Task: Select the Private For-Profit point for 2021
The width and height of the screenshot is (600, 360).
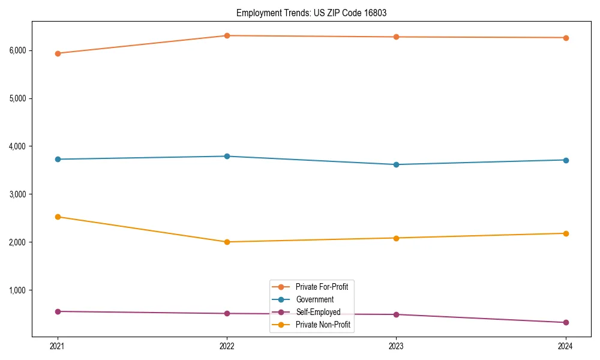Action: pos(58,53)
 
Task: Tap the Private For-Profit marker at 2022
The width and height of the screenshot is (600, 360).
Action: pos(227,35)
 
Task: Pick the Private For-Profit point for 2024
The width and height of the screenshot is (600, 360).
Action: pos(565,38)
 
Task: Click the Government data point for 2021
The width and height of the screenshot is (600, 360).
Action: pos(58,159)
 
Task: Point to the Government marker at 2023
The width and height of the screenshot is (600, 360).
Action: pos(396,164)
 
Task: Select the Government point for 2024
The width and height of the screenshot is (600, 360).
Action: pos(565,160)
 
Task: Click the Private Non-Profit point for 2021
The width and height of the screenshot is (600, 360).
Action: pos(58,217)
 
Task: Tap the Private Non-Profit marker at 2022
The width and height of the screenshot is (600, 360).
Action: pos(227,242)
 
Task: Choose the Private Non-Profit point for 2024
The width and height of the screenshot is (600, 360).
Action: pos(565,233)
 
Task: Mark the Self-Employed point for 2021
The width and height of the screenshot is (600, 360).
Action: pos(58,311)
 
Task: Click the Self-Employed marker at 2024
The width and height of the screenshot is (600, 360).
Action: pos(565,322)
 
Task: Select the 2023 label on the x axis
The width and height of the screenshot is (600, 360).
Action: pos(396,346)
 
